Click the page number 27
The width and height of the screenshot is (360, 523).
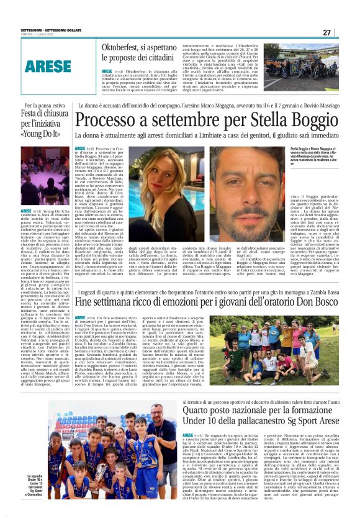coord(326,32)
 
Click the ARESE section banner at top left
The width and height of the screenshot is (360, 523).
coord(48,65)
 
